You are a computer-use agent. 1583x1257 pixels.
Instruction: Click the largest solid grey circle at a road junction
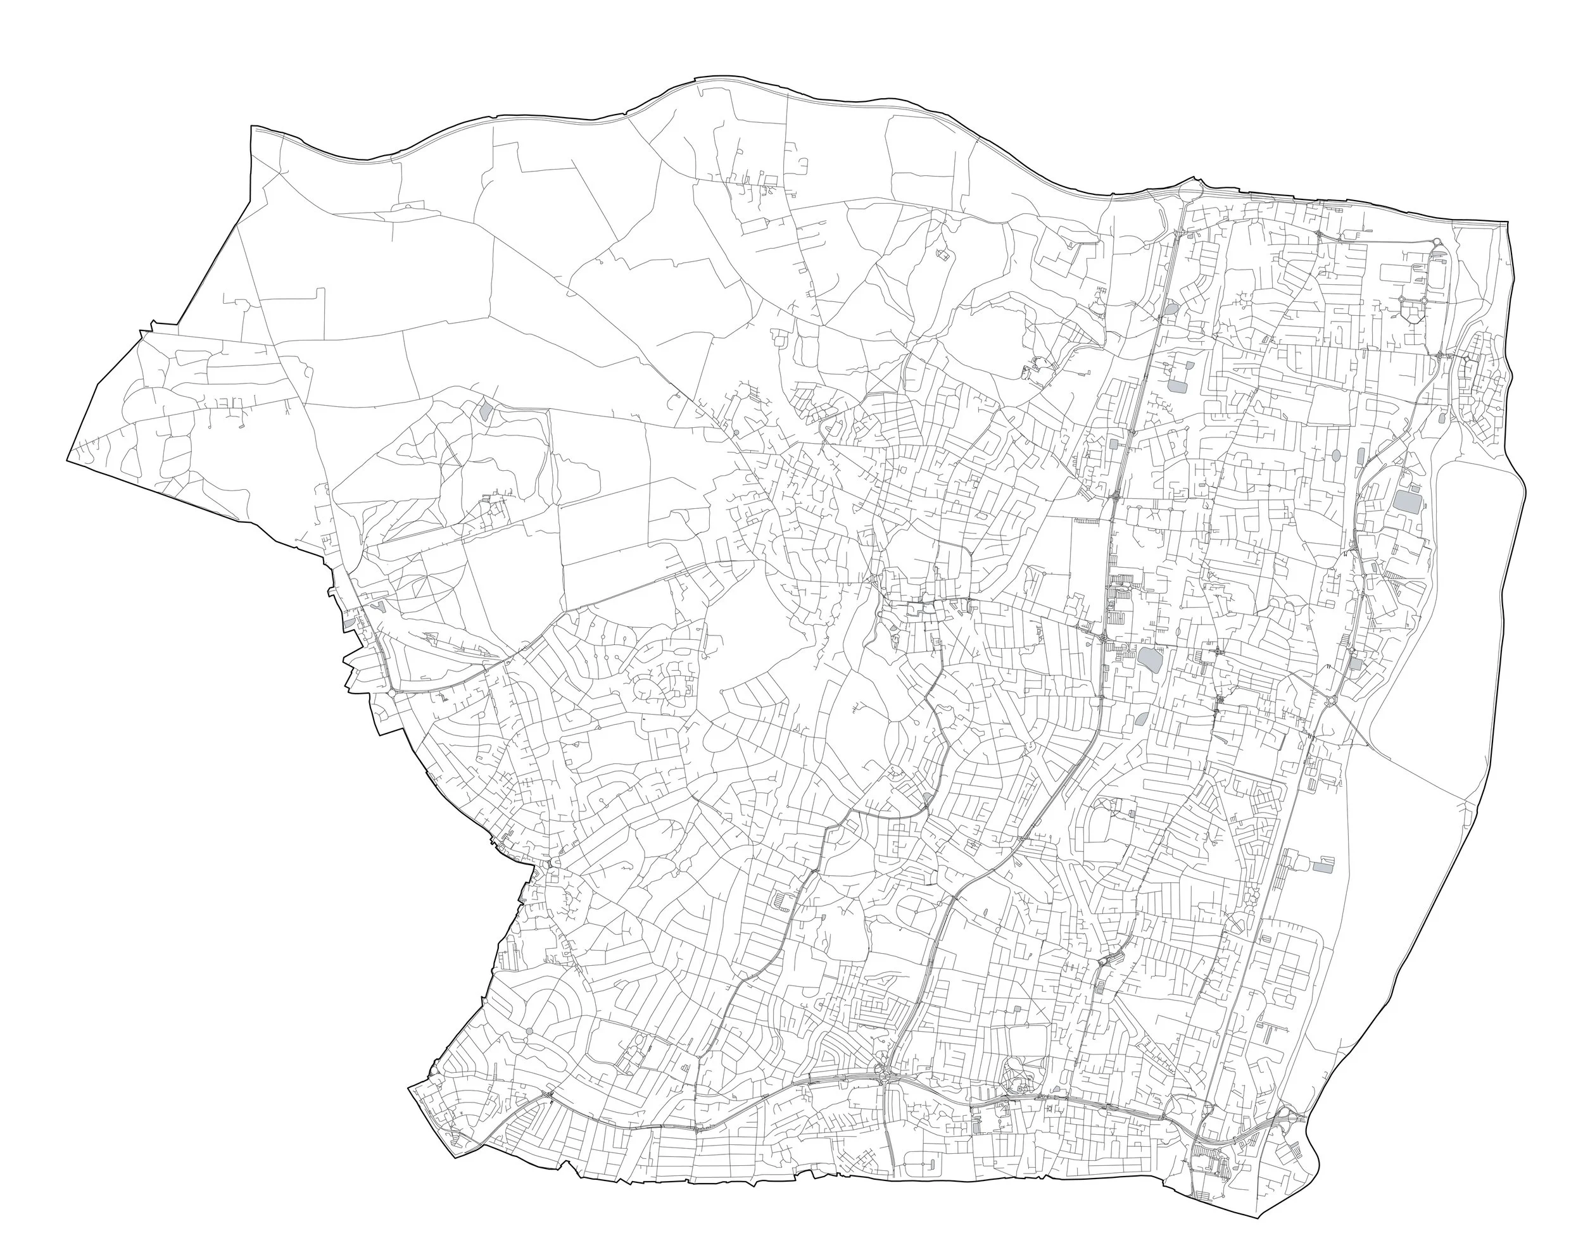click(530, 1032)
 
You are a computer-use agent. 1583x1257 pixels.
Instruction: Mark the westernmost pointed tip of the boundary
click(68, 460)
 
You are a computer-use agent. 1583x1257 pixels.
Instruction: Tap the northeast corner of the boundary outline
click(1508, 221)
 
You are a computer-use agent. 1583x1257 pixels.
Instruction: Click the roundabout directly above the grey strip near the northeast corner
click(1436, 242)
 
